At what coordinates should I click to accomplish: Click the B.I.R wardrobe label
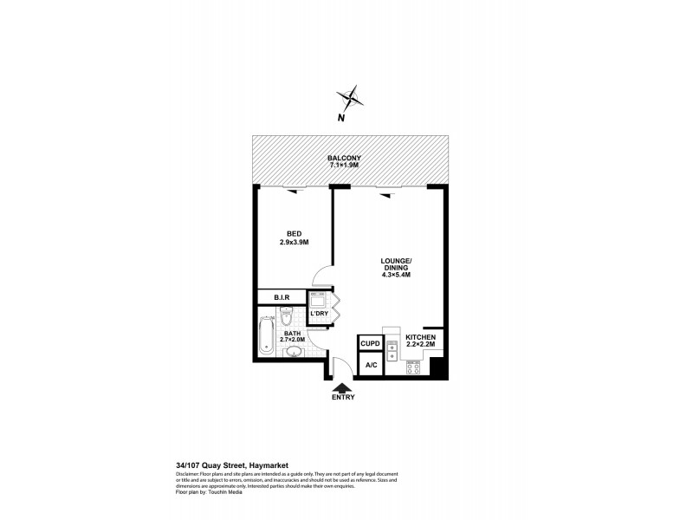(x=282, y=298)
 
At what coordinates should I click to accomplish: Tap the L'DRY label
(x=330, y=313)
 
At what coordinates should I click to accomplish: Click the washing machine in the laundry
(x=317, y=299)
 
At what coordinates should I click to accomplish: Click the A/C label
(x=371, y=366)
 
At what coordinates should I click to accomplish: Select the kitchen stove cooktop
(x=413, y=367)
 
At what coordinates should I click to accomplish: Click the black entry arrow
(x=343, y=387)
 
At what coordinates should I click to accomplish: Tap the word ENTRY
(x=343, y=398)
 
